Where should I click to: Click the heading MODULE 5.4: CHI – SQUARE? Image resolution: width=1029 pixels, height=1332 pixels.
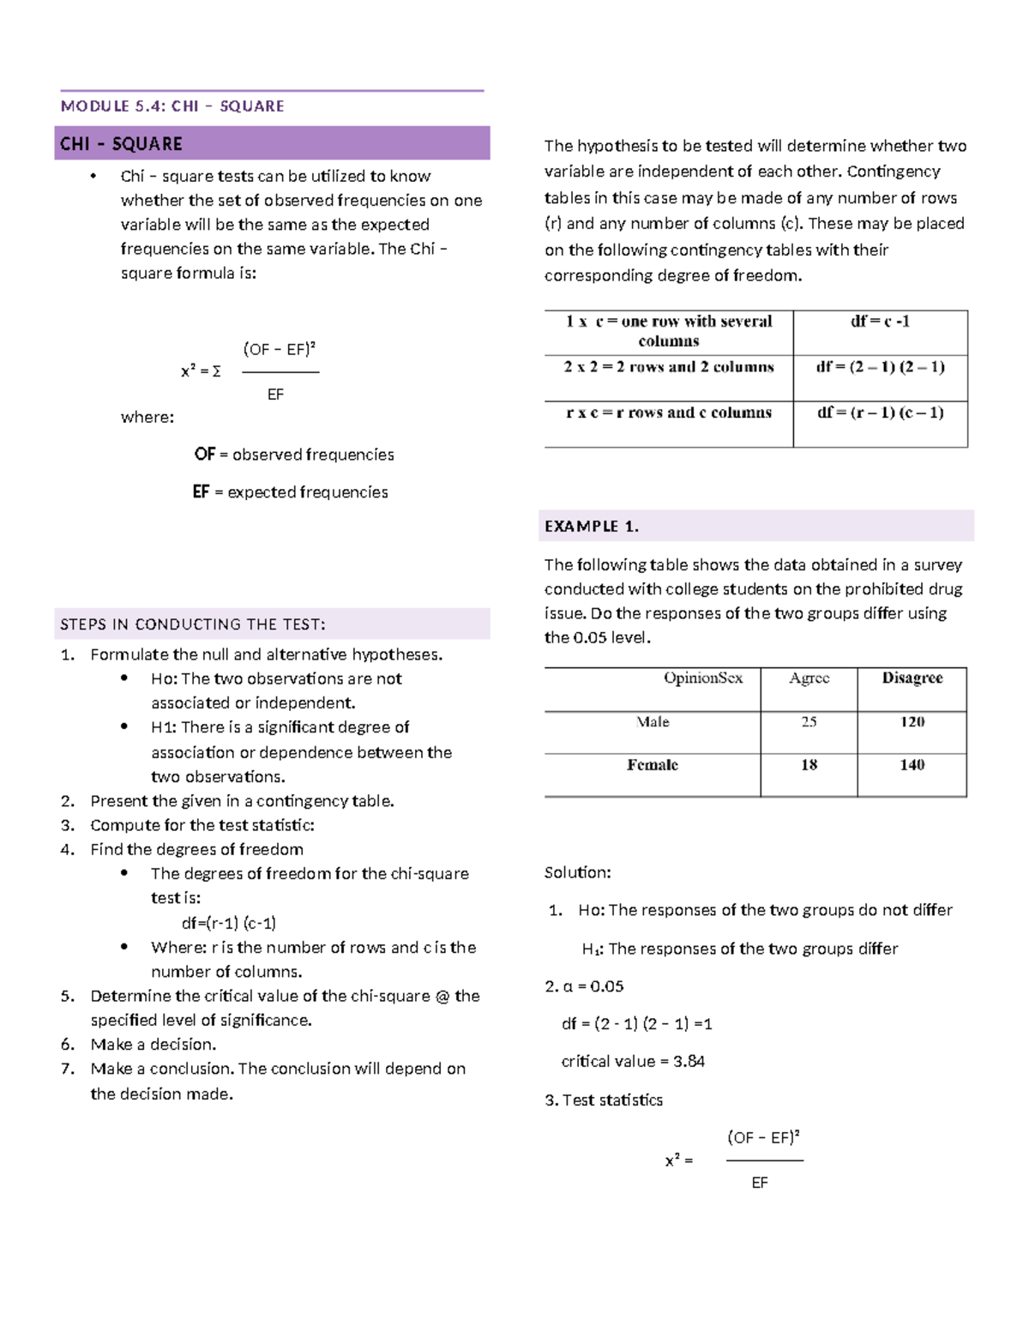point(172,106)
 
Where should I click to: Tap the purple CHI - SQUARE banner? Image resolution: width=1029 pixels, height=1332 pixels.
point(272,143)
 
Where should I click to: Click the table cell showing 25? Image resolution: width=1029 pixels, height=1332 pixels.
point(809,722)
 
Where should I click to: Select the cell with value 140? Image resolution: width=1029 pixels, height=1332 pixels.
point(912,765)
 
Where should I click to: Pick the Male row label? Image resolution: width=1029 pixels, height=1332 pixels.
point(653,722)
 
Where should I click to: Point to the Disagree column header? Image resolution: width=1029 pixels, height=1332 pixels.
point(912,678)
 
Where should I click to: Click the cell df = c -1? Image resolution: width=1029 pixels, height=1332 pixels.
point(880,322)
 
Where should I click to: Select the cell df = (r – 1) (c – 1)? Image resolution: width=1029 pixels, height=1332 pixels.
point(880,413)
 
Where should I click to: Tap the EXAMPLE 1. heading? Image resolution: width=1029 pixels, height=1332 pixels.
point(592,527)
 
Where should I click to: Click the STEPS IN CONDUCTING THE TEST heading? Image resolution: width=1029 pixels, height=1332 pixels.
point(193,624)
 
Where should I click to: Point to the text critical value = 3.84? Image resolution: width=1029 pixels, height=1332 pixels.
point(633,1062)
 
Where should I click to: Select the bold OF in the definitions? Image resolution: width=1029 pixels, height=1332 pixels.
point(204,455)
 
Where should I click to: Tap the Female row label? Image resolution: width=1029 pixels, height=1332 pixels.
point(653,765)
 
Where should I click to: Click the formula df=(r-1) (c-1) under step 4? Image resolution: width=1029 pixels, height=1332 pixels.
point(229,924)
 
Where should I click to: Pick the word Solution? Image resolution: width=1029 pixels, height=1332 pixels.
point(577,873)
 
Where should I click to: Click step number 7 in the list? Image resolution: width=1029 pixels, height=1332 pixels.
point(68,1069)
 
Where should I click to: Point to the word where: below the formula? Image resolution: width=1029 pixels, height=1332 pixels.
point(147,418)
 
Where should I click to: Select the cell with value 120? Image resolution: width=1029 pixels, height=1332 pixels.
point(912,722)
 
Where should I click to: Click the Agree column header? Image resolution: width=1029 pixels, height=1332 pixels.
point(809,678)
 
